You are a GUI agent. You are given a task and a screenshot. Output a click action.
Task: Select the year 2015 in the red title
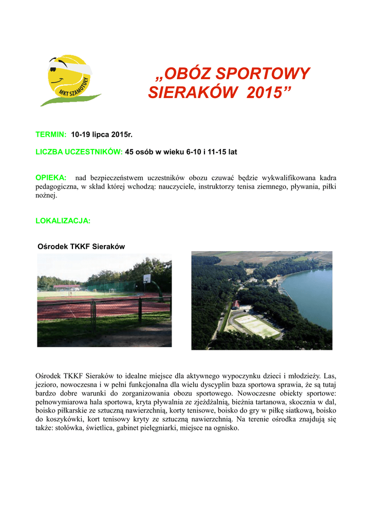pos(262,93)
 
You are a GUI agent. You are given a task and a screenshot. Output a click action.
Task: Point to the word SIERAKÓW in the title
pos(187,93)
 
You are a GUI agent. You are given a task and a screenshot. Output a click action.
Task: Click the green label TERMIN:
pos(51,134)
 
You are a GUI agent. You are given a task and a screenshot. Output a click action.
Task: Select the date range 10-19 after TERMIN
pos(81,134)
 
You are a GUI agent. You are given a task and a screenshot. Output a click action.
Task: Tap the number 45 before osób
pos(130,152)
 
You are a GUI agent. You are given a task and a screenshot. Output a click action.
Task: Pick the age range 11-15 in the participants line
pos(213,152)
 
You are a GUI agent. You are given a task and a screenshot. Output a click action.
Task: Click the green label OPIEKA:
pos(51,177)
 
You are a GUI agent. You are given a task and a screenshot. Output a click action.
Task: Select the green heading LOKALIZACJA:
pos(63,220)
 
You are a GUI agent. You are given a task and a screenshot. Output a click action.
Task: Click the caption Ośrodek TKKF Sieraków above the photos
pos(82,247)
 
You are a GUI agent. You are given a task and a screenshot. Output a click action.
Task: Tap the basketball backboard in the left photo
pos(147,278)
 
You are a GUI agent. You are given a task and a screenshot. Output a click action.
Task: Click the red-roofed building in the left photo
pos(67,286)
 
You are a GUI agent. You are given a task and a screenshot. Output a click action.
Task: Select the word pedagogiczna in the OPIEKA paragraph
pos(55,186)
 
